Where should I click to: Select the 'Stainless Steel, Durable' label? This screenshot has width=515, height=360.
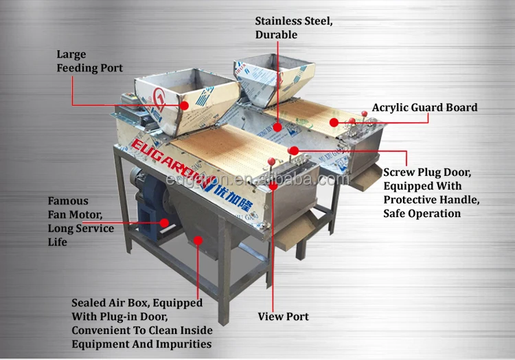tap(295, 27)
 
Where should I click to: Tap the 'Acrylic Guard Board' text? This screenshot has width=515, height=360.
tap(424, 107)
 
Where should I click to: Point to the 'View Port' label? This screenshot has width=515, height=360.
tap(283, 317)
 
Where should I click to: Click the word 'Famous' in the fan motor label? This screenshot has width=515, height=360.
tap(68, 201)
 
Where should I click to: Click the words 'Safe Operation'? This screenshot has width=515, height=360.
tap(422, 213)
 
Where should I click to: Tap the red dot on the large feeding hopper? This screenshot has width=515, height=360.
tap(184, 105)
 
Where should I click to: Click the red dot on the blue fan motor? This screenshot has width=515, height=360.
tap(164, 222)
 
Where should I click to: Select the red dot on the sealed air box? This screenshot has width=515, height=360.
tap(198, 240)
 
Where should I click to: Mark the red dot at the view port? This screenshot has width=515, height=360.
tap(273, 185)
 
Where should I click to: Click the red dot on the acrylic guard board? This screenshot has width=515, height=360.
tap(334, 122)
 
